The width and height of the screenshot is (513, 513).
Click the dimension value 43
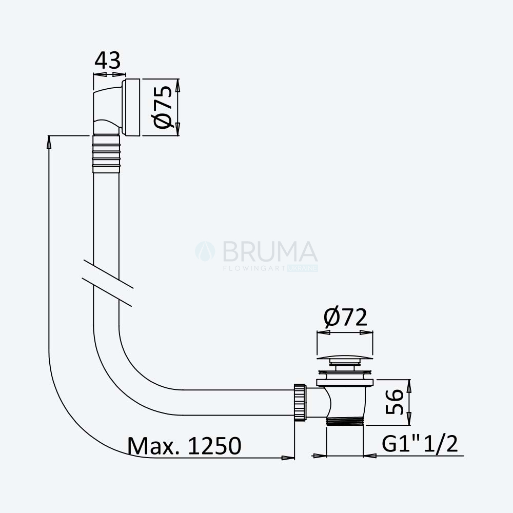click(107, 60)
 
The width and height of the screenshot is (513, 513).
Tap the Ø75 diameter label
click(163, 107)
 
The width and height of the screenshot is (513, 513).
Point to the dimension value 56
click(394, 402)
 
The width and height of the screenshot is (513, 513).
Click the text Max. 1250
click(185, 445)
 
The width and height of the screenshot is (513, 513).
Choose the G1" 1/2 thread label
click(420, 444)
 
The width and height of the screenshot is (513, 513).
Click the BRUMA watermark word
click(270, 251)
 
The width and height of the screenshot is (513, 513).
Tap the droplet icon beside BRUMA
click(205, 251)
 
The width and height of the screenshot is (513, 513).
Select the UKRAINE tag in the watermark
click(303, 268)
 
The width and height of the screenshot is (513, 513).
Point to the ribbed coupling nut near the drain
click(300, 402)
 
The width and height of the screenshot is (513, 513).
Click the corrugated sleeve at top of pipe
click(106, 153)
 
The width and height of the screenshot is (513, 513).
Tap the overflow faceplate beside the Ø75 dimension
click(131, 107)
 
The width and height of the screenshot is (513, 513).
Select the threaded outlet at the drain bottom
click(345, 421)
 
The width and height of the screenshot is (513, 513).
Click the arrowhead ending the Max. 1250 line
click(288, 458)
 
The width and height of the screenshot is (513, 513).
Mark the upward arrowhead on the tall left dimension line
click(49, 142)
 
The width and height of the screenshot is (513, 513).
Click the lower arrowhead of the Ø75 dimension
click(177, 129)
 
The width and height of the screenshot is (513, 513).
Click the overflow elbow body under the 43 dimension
click(107, 110)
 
